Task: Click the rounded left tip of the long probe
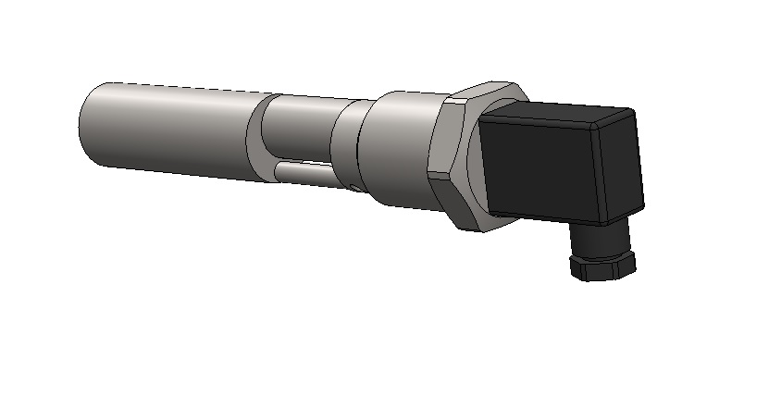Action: coord(83,125)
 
